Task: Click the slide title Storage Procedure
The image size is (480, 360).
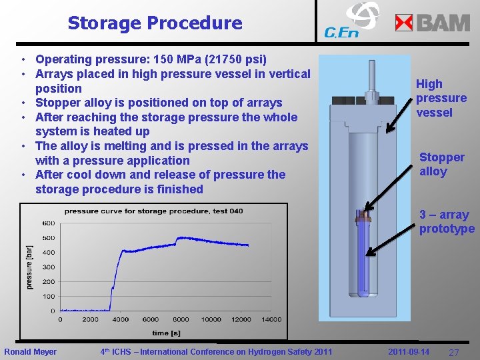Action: (x=155, y=23)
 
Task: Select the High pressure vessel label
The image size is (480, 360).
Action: (x=441, y=98)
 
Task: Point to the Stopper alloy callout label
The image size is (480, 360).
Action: (x=441, y=164)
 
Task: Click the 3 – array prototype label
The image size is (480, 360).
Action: (x=447, y=222)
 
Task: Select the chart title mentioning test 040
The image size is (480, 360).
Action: (x=153, y=211)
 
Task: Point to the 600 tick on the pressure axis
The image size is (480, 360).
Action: (x=48, y=223)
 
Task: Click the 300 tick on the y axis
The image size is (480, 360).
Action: (x=48, y=267)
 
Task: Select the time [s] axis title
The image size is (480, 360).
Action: (x=165, y=333)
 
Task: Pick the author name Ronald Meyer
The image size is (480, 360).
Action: (x=31, y=351)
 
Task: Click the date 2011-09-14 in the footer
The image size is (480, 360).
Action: (x=409, y=351)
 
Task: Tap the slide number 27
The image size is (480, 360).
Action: (x=453, y=352)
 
